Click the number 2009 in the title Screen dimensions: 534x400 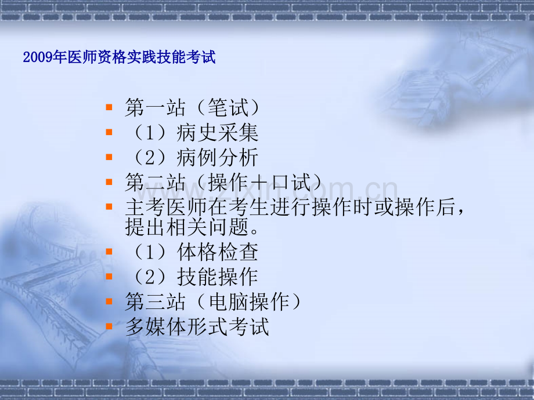click(x=38, y=57)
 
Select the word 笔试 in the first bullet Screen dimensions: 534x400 click(x=228, y=107)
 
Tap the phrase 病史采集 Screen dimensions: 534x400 click(x=217, y=132)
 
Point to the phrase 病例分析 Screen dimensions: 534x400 click(x=217, y=157)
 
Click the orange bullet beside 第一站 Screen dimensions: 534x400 click(x=109, y=107)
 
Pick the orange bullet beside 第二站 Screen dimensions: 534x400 click(x=109, y=182)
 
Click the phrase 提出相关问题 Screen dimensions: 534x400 click(x=187, y=227)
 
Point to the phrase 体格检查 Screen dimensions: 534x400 click(x=217, y=252)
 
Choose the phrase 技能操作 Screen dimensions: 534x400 click(x=217, y=277)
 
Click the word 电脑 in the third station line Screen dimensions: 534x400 click(x=229, y=301)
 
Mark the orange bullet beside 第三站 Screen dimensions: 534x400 click(x=109, y=301)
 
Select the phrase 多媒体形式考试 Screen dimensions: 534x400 click(x=197, y=326)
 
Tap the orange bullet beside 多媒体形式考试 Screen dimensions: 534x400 click(x=109, y=326)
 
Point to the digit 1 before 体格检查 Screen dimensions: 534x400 click(x=150, y=252)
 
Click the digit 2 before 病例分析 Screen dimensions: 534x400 click(x=150, y=158)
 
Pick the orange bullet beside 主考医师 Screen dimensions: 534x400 click(x=109, y=207)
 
